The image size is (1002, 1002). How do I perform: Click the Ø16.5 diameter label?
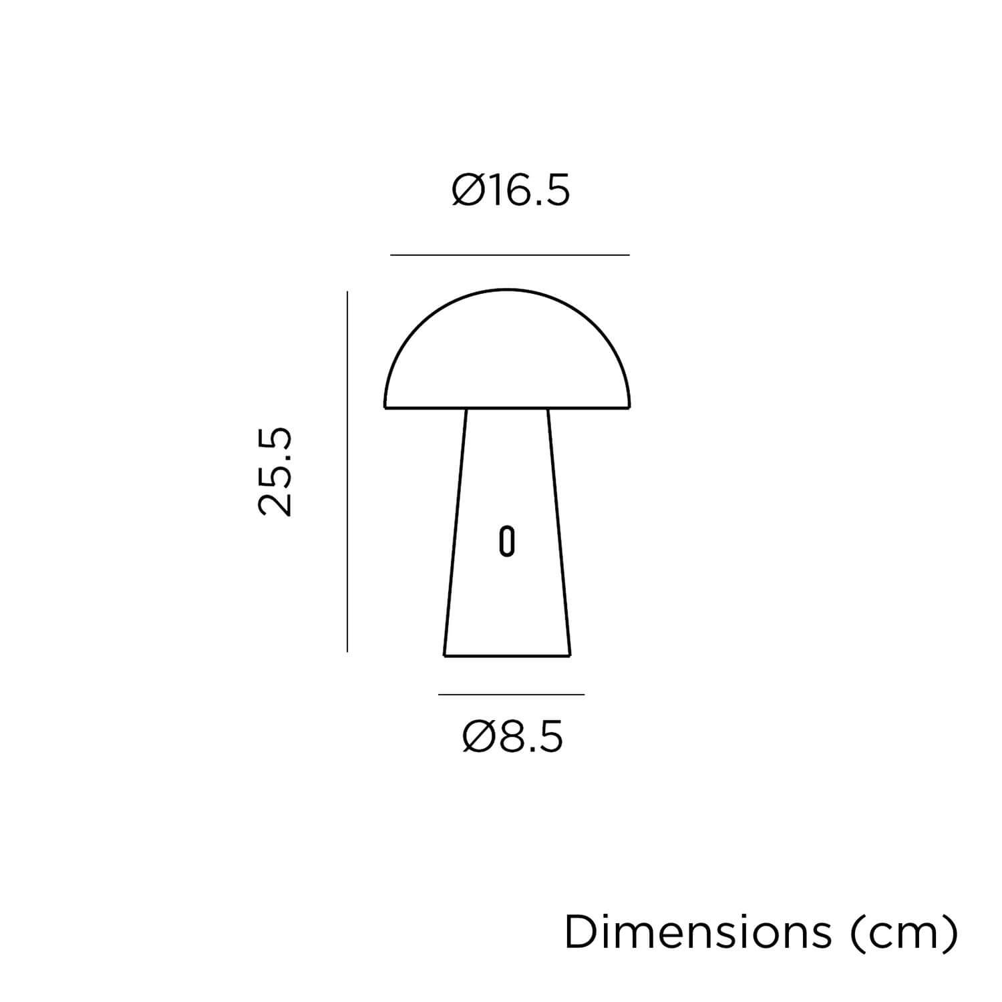(511, 191)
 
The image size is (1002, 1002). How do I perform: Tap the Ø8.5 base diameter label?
(512, 737)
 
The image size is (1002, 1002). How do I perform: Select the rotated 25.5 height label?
(275, 472)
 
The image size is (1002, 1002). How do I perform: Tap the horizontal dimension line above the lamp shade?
(510, 255)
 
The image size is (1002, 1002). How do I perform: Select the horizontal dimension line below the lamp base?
(511, 695)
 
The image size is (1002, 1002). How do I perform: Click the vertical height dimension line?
(347, 471)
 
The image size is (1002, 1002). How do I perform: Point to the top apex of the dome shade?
(508, 290)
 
